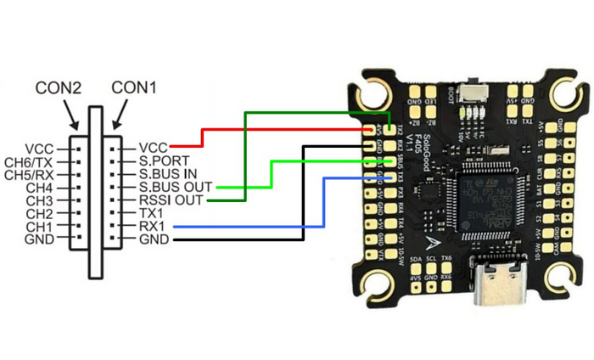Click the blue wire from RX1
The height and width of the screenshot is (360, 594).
click(255, 227)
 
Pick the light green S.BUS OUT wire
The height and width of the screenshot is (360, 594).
click(270, 174)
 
